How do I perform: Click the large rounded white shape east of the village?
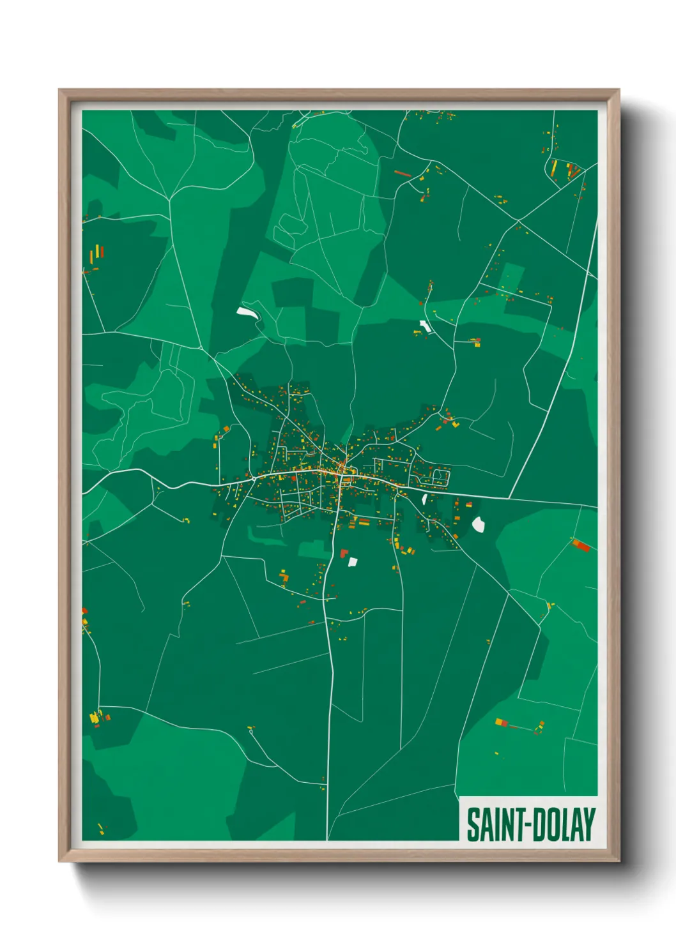click(479, 524)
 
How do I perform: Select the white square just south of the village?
click(352, 562)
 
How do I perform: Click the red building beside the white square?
click(344, 553)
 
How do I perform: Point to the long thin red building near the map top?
click(402, 172)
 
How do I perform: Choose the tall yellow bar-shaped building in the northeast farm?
click(554, 169)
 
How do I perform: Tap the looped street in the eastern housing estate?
click(440, 476)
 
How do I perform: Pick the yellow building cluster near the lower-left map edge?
click(95, 717)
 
